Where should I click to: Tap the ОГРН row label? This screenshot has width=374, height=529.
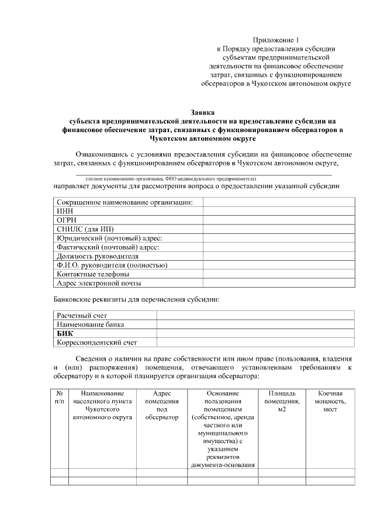pyautogui.click(x=66, y=219)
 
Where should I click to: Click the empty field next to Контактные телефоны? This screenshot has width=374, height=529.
pyautogui.click(x=279, y=274)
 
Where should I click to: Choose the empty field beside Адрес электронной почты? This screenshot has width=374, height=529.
pyautogui.click(x=279, y=283)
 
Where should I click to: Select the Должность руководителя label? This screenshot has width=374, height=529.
pyautogui.click(x=98, y=256)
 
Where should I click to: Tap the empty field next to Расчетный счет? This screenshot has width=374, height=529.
pyautogui.click(x=255, y=315)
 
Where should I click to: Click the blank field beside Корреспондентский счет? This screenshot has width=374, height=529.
pyautogui.click(x=255, y=343)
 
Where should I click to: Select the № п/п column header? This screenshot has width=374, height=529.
pyautogui.click(x=60, y=398)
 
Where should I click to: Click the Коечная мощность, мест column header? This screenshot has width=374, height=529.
pyautogui.click(x=330, y=402)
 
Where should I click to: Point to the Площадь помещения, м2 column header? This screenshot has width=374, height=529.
pyautogui.click(x=282, y=402)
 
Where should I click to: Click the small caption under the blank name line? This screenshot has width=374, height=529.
pyautogui.click(x=171, y=178)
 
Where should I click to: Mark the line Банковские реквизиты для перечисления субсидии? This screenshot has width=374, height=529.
pyautogui.click(x=137, y=300)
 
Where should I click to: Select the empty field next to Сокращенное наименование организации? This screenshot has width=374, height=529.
pyautogui.click(x=279, y=202)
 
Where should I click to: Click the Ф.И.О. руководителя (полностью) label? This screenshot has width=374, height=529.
pyautogui.click(x=112, y=265)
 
